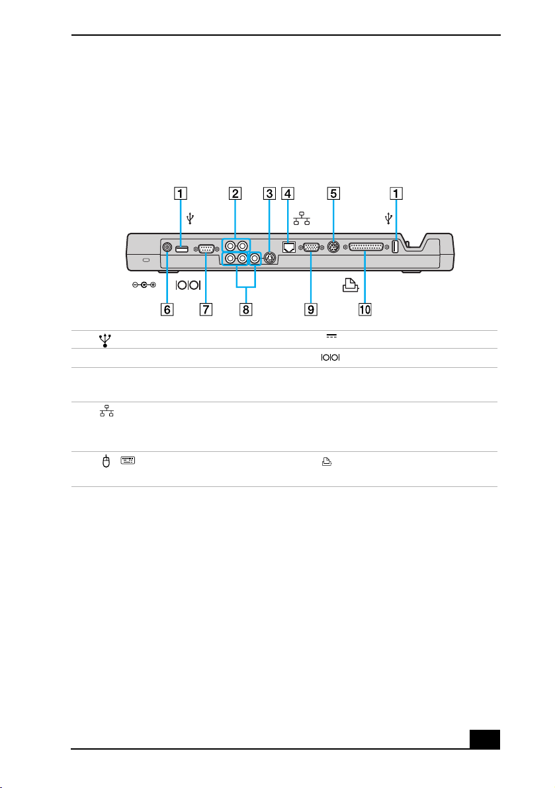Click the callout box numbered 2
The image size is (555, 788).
coord(235,193)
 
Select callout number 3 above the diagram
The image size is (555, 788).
coord(270,193)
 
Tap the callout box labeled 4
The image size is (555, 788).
coord(288,193)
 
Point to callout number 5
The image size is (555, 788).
coord(333,193)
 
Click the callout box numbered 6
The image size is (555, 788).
coord(167,309)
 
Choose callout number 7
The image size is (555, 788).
coord(206,309)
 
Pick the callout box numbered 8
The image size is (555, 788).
coord(245,309)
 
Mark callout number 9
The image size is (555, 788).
coord(311,309)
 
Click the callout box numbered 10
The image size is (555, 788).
coord(364,309)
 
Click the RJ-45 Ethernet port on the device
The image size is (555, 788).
coord(289,247)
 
